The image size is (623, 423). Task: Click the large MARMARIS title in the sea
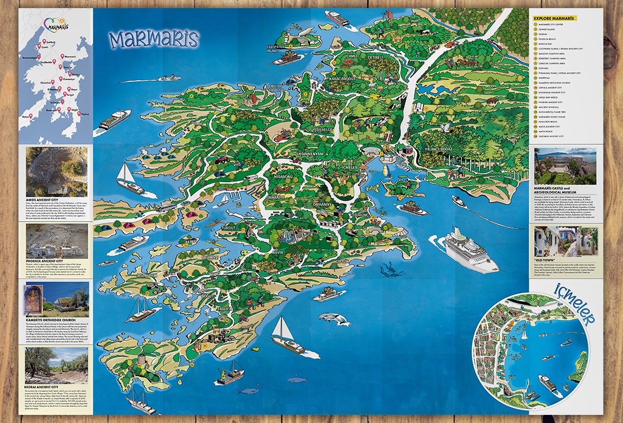click(x=153, y=40)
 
